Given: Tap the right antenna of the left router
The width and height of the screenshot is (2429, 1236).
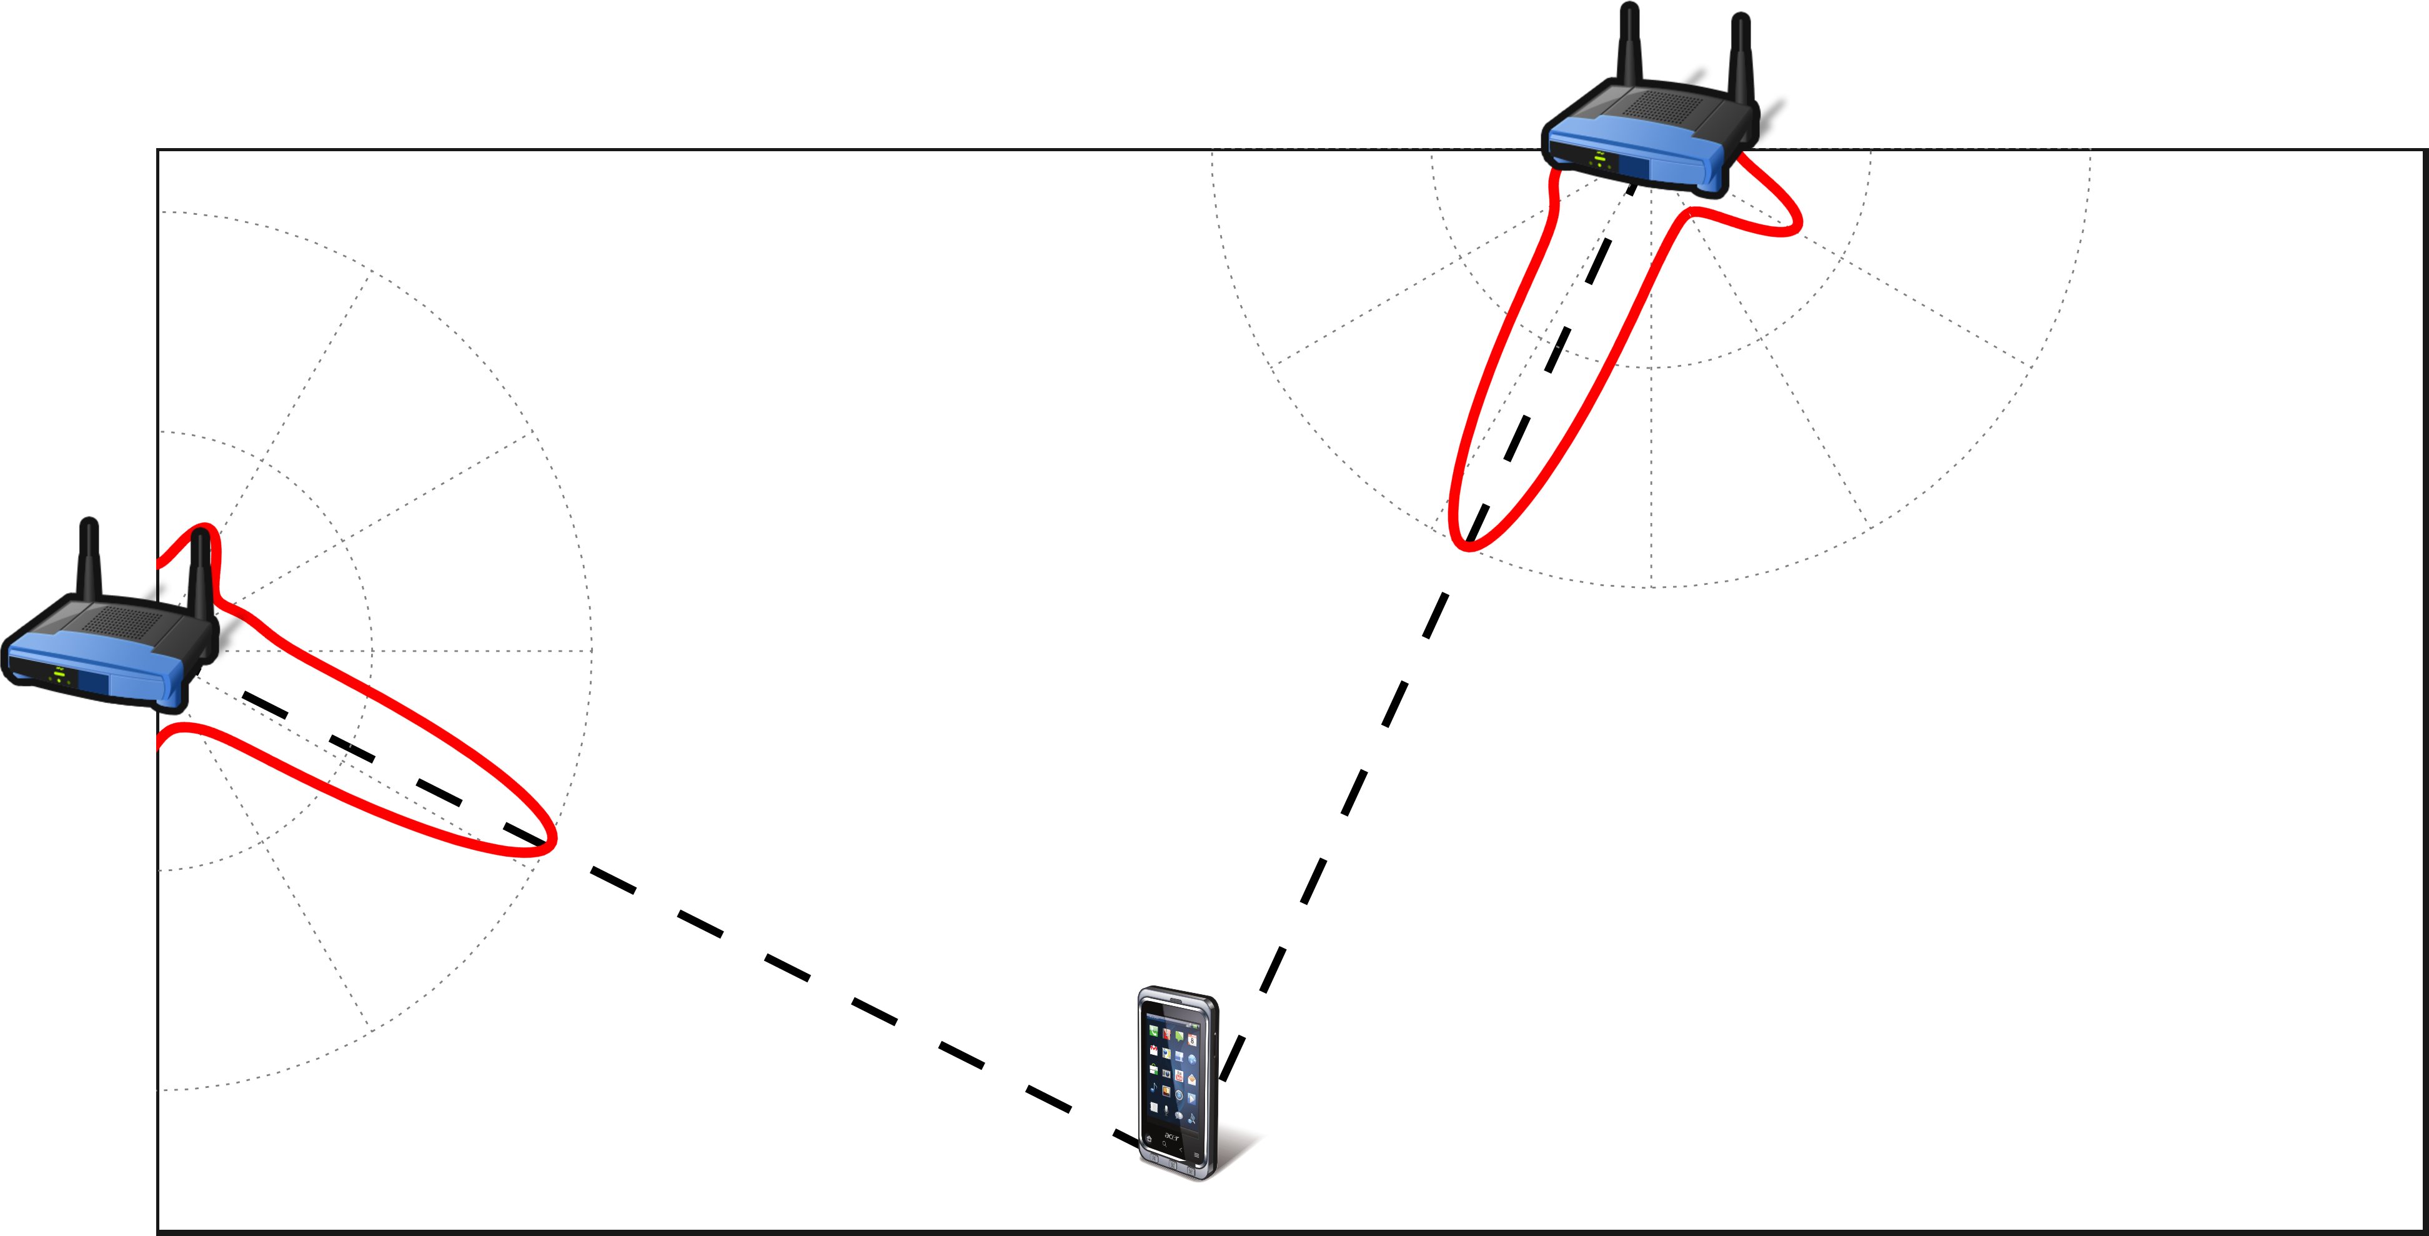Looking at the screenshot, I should (200, 575).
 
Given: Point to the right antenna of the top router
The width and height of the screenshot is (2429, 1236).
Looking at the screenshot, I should (1741, 57).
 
